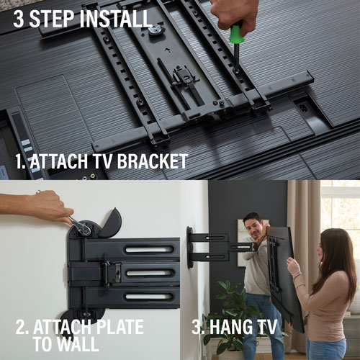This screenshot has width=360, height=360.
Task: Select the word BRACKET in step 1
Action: [148, 161]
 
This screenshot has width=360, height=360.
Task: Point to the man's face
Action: [251, 225]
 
